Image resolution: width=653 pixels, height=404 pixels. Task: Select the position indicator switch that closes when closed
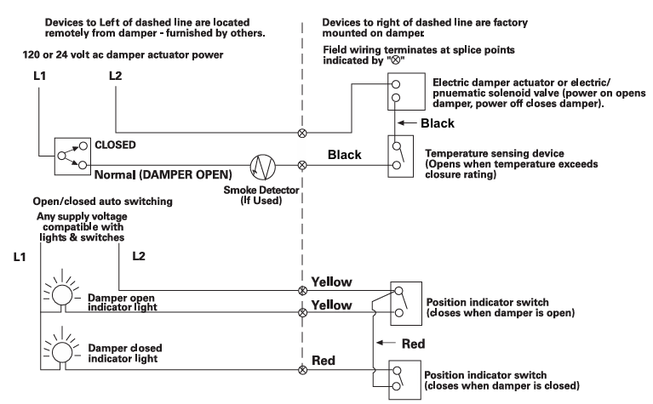click(x=399, y=379)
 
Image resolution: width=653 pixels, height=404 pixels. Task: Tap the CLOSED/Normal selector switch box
click(x=71, y=156)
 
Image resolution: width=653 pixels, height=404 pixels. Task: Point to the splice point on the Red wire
click(x=302, y=370)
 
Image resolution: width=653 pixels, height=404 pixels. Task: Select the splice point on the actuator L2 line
click(x=302, y=134)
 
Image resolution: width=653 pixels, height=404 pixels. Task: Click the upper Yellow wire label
click(x=331, y=280)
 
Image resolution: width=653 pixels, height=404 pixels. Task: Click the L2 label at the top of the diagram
click(x=117, y=77)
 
